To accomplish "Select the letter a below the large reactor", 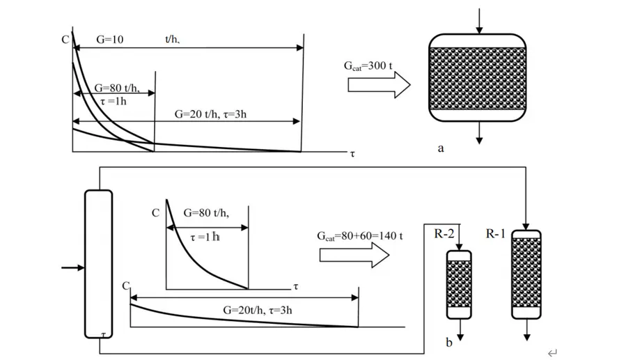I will coord(441,148).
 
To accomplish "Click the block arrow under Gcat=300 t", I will coord(378,86).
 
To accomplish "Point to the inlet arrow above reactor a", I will coord(478,21).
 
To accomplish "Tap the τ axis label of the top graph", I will coord(352,155).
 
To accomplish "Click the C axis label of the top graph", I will coord(65,40).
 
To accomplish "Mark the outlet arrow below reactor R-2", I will coord(459,329).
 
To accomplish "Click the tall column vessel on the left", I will coord(98,263).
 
